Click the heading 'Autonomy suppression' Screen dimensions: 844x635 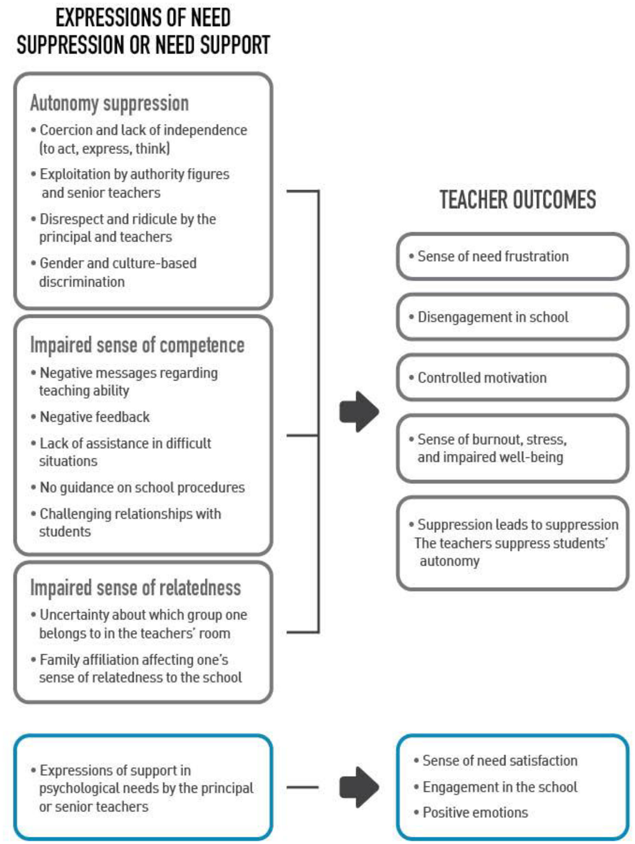[110, 103]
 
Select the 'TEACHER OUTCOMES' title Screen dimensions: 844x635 [518, 199]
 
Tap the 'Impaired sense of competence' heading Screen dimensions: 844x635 [137, 345]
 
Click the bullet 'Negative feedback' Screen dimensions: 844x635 [95, 417]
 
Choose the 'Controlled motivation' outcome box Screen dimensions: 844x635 [512, 378]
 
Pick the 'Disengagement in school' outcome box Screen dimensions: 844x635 [512, 317]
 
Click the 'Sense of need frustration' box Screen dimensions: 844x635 [512, 256]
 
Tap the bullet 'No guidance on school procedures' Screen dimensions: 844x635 [142, 487]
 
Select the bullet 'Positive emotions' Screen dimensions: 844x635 [475, 812]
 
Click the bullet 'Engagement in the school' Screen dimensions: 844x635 [500, 787]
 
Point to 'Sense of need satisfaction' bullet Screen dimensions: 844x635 [500, 760]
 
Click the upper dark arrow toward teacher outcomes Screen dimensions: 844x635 [359, 412]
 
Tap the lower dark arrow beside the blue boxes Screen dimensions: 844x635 [359, 787]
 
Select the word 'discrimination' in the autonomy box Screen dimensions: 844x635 [82, 282]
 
